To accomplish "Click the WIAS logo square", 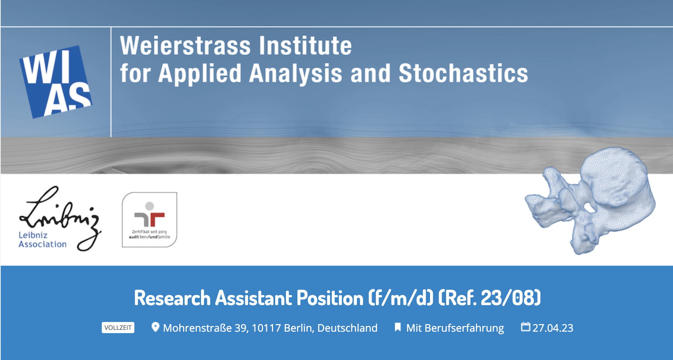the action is click(x=56, y=82).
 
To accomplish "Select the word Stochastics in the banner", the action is click(x=463, y=73).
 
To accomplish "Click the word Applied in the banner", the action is click(x=200, y=74).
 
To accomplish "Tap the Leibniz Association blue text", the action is click(x=43, y=240).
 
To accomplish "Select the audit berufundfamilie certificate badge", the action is click(x=149, y=219).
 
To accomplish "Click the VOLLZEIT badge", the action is click(x=118, y=328).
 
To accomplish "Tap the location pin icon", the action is click(x=155, y=327).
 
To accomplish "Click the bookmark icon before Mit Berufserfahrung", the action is click(x=397, y=327).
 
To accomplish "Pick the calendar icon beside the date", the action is click(x=525, y=327).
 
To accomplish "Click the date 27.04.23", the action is click(x=553, y=328).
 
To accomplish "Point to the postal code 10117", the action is click(x=266, y=328).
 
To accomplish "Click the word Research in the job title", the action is click(x=172, y=298).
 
